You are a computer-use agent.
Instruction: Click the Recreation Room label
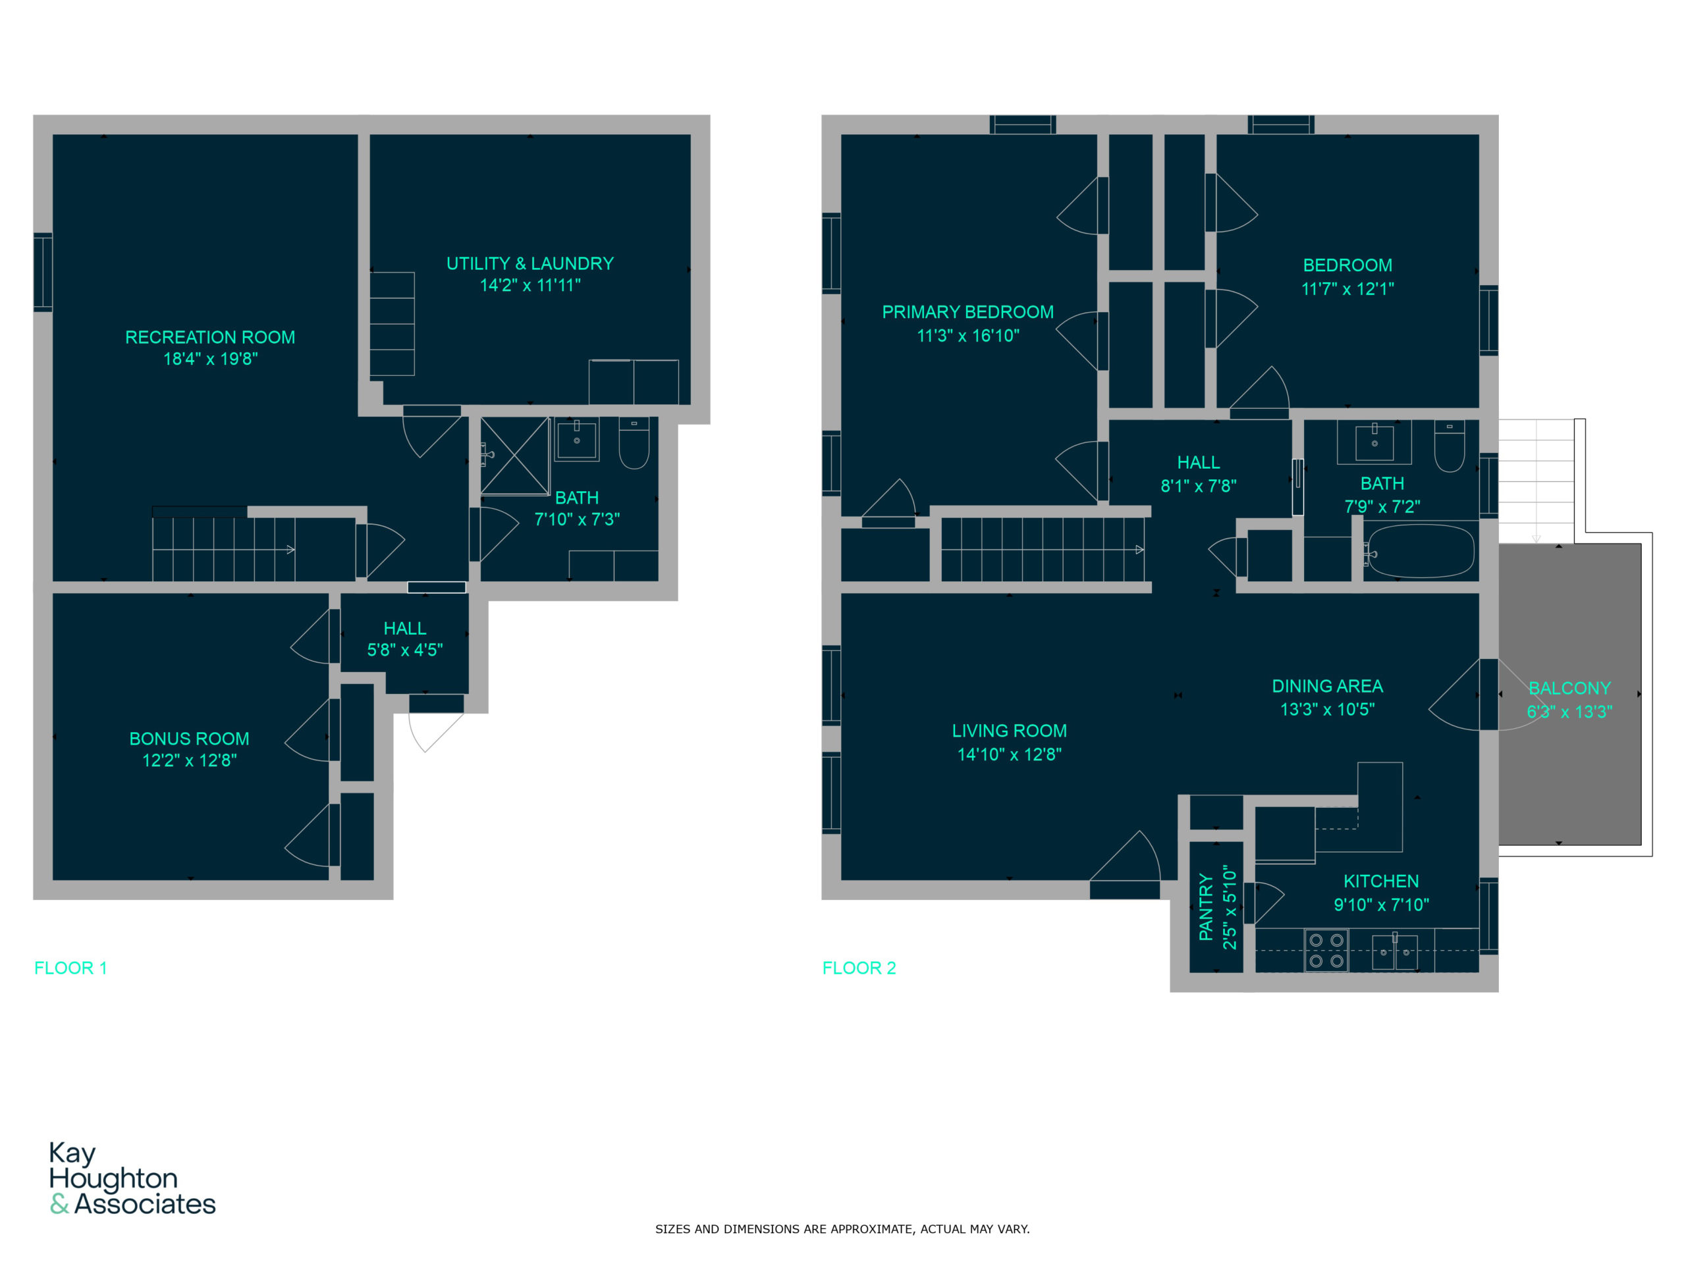pyautogui.click(x=209, y=337)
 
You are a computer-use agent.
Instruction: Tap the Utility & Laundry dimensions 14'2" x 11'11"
pyautogui.click(x=530, y=285)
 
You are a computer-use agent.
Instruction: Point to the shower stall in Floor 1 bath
pyautogui.click(x=514, y=456)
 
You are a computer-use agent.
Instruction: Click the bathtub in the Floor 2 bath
pyautogui.click(x=1421, y=550)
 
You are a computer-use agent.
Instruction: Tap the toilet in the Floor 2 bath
pyautogui.click(x=1449, y=446)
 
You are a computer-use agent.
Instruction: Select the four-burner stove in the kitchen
pyautogui.click(x=1326, y=950)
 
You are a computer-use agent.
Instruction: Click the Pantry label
pyautogui.click(x=1205, y=907)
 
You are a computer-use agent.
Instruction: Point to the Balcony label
pyautogui.click(x=1569, y=688)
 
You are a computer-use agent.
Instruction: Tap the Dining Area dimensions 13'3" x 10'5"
pyautogui.click(x=1327, y=709)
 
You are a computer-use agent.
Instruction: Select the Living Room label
pyautogui.click(x=1009, y=731)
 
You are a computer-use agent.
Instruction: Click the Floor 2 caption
pyautogui.click(x=859, y=968)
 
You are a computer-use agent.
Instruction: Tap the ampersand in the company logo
pyautogui.click(x=59, y=1204)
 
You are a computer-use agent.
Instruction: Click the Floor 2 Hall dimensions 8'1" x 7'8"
pyautogui.click(x=1198, y=485)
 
